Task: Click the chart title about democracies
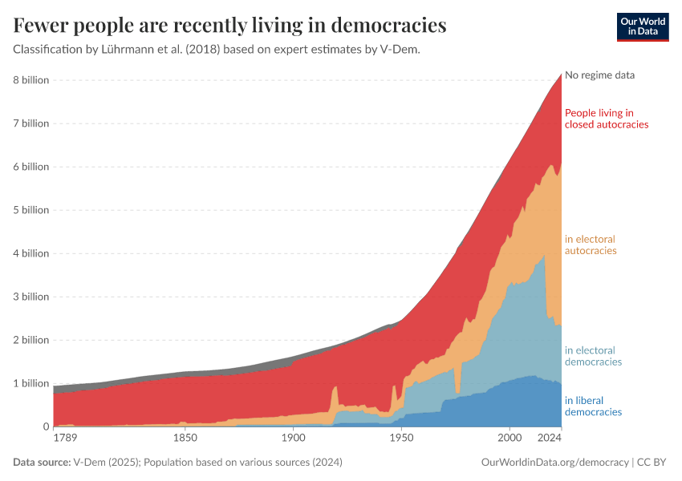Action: pyautogui.click(x=229, y=26)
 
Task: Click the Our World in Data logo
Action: pyautogui.click(x=642, y=26)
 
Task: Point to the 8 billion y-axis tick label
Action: pyautogui.click(x=30, y=80)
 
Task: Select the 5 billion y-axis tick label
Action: pyautogui.click(x=30, y=210)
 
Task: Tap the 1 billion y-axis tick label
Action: pyautogui.click(x=30, y=383)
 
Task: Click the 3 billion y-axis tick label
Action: pyautogui.click(x=30, y=297)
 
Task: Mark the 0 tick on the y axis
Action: pyautogui.click(x=45, y=426)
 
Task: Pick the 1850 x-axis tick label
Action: pyautogui.click(x=185, y=439)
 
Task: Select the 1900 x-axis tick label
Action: pyautogui.click(x=294, y=439)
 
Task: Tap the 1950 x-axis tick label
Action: pyautogui.click(x=401, y=439)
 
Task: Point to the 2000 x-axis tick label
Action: pyautogui.click(x=509, y=439)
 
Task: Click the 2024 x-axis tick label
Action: pyautogui.click(x=550, y=439)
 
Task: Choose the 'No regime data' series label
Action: pyautogui.click(x=599, y=75)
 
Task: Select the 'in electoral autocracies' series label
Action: pyautogui.click(x=591, y=245)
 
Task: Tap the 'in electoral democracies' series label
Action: pyautogui.click(x=593, y=356)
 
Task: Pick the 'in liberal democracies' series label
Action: pyautogui.click(x=593, y=406)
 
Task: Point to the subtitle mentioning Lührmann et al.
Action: pyautogui.click(x=217, y=49)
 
